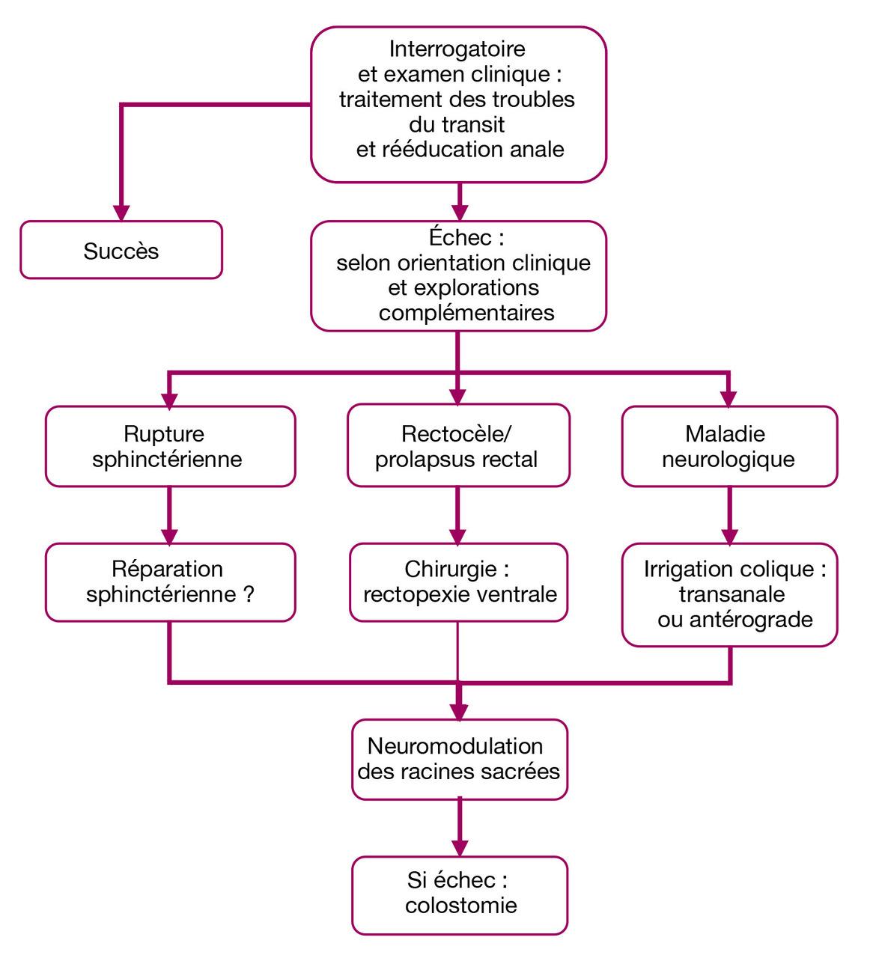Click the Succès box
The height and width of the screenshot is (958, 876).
pyautogui.click(x=121, y=251)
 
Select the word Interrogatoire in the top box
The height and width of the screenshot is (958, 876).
pyautogui.click(x=457, y=49)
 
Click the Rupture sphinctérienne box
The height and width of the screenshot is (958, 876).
pyautogui.click(x=170, y=447)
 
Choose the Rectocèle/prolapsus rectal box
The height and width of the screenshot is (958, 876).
pyautogui.click(x=457, y=447)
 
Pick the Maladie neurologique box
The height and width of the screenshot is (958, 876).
pyautogui.click(x=729, y=447)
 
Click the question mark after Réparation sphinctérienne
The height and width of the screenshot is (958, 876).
pyautogui.click(x=249, y=595)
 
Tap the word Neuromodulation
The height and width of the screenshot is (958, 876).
pyautogui.click(x=455, y=746)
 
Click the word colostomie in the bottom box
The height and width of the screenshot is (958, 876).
pyautogui.click(x=461, y=906)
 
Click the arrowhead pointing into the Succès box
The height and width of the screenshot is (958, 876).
pyautogui.click(x=121, y=213)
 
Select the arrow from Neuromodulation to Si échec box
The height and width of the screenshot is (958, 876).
pyautogui.click(x=460, y=828)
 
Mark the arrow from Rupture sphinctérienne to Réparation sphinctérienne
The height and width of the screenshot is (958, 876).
pyautogui.click(x=170, y=516)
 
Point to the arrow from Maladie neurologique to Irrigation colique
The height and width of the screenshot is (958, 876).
pyautogui.click(x=729, y=516)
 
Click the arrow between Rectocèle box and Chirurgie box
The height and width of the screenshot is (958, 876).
pyautogui.click(x=457, y=516)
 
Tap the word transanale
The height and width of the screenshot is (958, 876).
pyautogui.click(x=731, y=595)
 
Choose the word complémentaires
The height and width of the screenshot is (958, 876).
pyautogui.click(x=466, y=313)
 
